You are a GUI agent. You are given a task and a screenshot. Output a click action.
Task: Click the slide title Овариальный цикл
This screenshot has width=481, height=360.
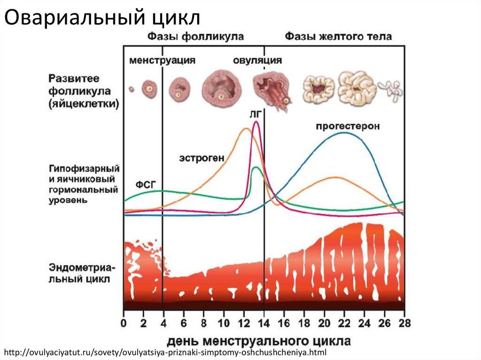[x=102, y=18]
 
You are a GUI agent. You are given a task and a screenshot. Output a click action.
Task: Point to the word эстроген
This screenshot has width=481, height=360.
[x=200, y=158]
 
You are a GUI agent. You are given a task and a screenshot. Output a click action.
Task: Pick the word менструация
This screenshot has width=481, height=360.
[x=163, y=61]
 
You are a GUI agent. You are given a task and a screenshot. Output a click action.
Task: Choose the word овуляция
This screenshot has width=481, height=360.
[x=258, y=61]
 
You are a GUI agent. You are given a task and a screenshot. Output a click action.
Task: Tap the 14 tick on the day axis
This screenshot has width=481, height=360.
[x=264, y=323]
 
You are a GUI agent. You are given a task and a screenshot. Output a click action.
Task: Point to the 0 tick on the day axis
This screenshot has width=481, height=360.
[x=124, y=323]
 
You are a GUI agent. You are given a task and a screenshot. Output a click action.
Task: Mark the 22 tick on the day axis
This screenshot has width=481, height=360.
[x=344, y=323]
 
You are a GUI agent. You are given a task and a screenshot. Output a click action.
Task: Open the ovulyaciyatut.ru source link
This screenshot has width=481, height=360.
[x=164, y=352]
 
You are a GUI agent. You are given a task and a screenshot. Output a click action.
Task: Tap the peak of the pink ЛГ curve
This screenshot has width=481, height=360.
[x=256, y=122]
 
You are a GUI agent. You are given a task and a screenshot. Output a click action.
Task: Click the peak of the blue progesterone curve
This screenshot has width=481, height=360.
[x=344, y=132]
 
